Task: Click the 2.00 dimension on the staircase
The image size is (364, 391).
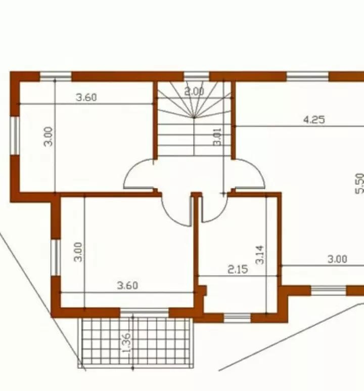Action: pyautogui.click(x=194, y=92)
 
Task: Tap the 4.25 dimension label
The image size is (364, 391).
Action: pyautogui.click(x=314, y=120)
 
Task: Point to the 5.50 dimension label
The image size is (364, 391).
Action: pyautogui.click(x=359, y=183)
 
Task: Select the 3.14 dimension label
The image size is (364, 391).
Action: pyautogui.click(x=259, y=255)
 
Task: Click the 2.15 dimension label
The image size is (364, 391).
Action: pyautogui.click(x=238, y=269)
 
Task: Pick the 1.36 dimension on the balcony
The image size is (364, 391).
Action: pyautogui.click(x=126, y=342)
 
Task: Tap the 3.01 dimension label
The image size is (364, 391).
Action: pyautogui.click(x=217, y=137)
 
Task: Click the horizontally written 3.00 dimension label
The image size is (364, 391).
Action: pyautogui.click(x=337, y=259)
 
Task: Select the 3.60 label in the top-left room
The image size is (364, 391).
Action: pyautogui.click(x=86, y=97)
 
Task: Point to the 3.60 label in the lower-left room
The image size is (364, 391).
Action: pyautogui.click(x=127, y=285)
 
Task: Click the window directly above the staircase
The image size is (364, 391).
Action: pyautogui.click(x=197, y=76)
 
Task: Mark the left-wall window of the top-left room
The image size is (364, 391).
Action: pyautogui.click(x=15, y=136)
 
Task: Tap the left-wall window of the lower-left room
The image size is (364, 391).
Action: pyautogui.click(x=56, y=257)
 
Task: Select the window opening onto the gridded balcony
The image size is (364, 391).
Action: pyautogui.click(x=145, y=313)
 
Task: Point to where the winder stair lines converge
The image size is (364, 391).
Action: pyautogui.click(x=194, y=117)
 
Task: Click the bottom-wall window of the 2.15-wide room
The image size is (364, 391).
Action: pyautogui.click(x=237, y=318)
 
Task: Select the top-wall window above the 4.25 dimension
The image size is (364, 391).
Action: pyautogui.click(x=307, y=76)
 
